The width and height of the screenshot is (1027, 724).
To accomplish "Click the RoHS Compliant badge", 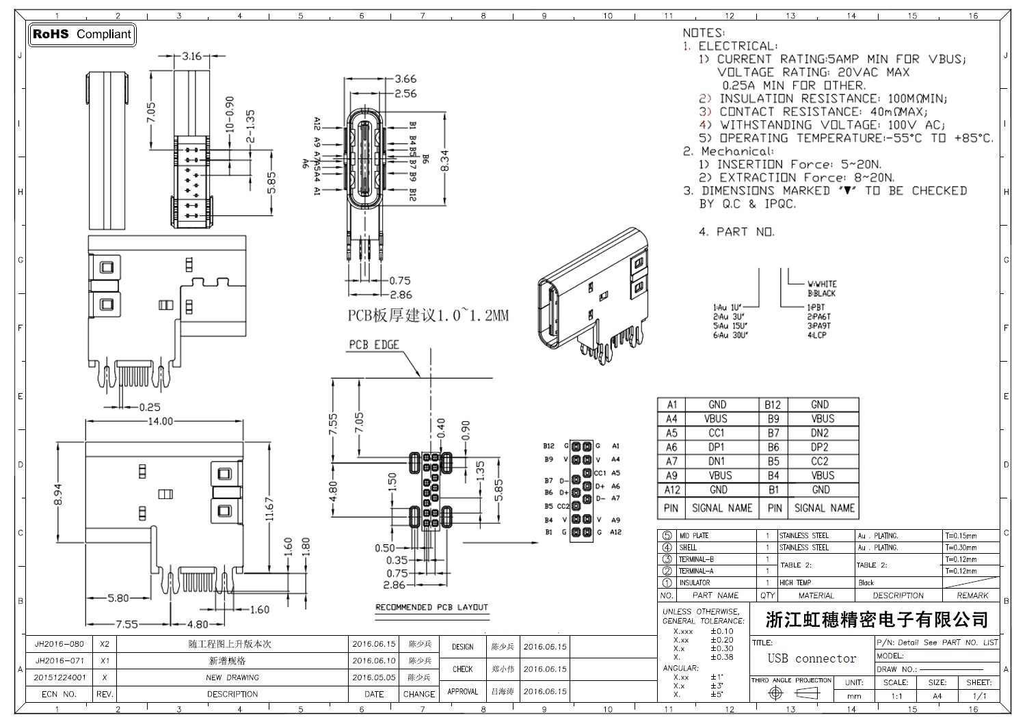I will (x=82, y=34).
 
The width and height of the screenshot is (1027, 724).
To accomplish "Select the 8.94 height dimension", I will (x=59, y=495).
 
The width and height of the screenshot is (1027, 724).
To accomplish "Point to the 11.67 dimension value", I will (x=270, y=509).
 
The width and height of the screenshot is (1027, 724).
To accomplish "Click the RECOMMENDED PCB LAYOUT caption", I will (x=431, y=607).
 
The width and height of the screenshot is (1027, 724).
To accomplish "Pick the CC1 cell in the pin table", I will (x=716, y=433).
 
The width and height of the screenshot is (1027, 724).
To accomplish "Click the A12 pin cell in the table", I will (x=671, y=490).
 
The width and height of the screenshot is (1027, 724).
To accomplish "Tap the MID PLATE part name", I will (x=693, y=536).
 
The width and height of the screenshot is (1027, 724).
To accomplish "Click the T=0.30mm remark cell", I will (x=961, y=548).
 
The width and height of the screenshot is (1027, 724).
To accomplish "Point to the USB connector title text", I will (x=812, y=658).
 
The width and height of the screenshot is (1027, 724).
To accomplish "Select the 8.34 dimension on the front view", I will (x=445, y=159).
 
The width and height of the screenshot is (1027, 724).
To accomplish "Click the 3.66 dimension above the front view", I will (x=405, y=79).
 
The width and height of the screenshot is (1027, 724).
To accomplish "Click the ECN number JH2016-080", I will (x=59, y=644).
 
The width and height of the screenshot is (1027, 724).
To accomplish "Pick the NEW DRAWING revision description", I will (x=232, y=678).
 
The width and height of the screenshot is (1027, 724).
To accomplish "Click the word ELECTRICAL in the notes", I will (x=736, y=46).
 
